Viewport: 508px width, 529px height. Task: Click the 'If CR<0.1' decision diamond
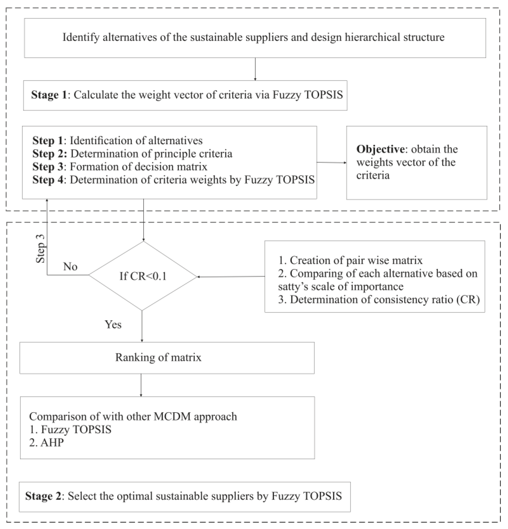point(143,276)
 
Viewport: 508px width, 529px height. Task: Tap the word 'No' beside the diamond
point(70,267)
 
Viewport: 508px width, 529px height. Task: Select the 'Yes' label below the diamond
point(113,324)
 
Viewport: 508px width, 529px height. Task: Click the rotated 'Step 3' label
point(41,248)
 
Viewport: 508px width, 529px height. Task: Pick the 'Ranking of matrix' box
point(167,358)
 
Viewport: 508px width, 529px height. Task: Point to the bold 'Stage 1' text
point(49,95)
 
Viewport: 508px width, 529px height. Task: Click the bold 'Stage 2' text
point(43,496)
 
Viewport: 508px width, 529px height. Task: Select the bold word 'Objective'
point(380,149)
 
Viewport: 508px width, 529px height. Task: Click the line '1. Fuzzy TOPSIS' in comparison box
point(70,429)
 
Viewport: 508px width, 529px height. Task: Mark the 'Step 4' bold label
point(48,180)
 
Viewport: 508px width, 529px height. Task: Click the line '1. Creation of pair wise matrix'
point(350,260)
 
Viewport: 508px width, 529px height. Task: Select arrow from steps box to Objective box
point(331,163)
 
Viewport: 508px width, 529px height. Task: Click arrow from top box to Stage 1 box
point(255,69)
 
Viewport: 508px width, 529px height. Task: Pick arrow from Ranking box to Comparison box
point(141,385)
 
